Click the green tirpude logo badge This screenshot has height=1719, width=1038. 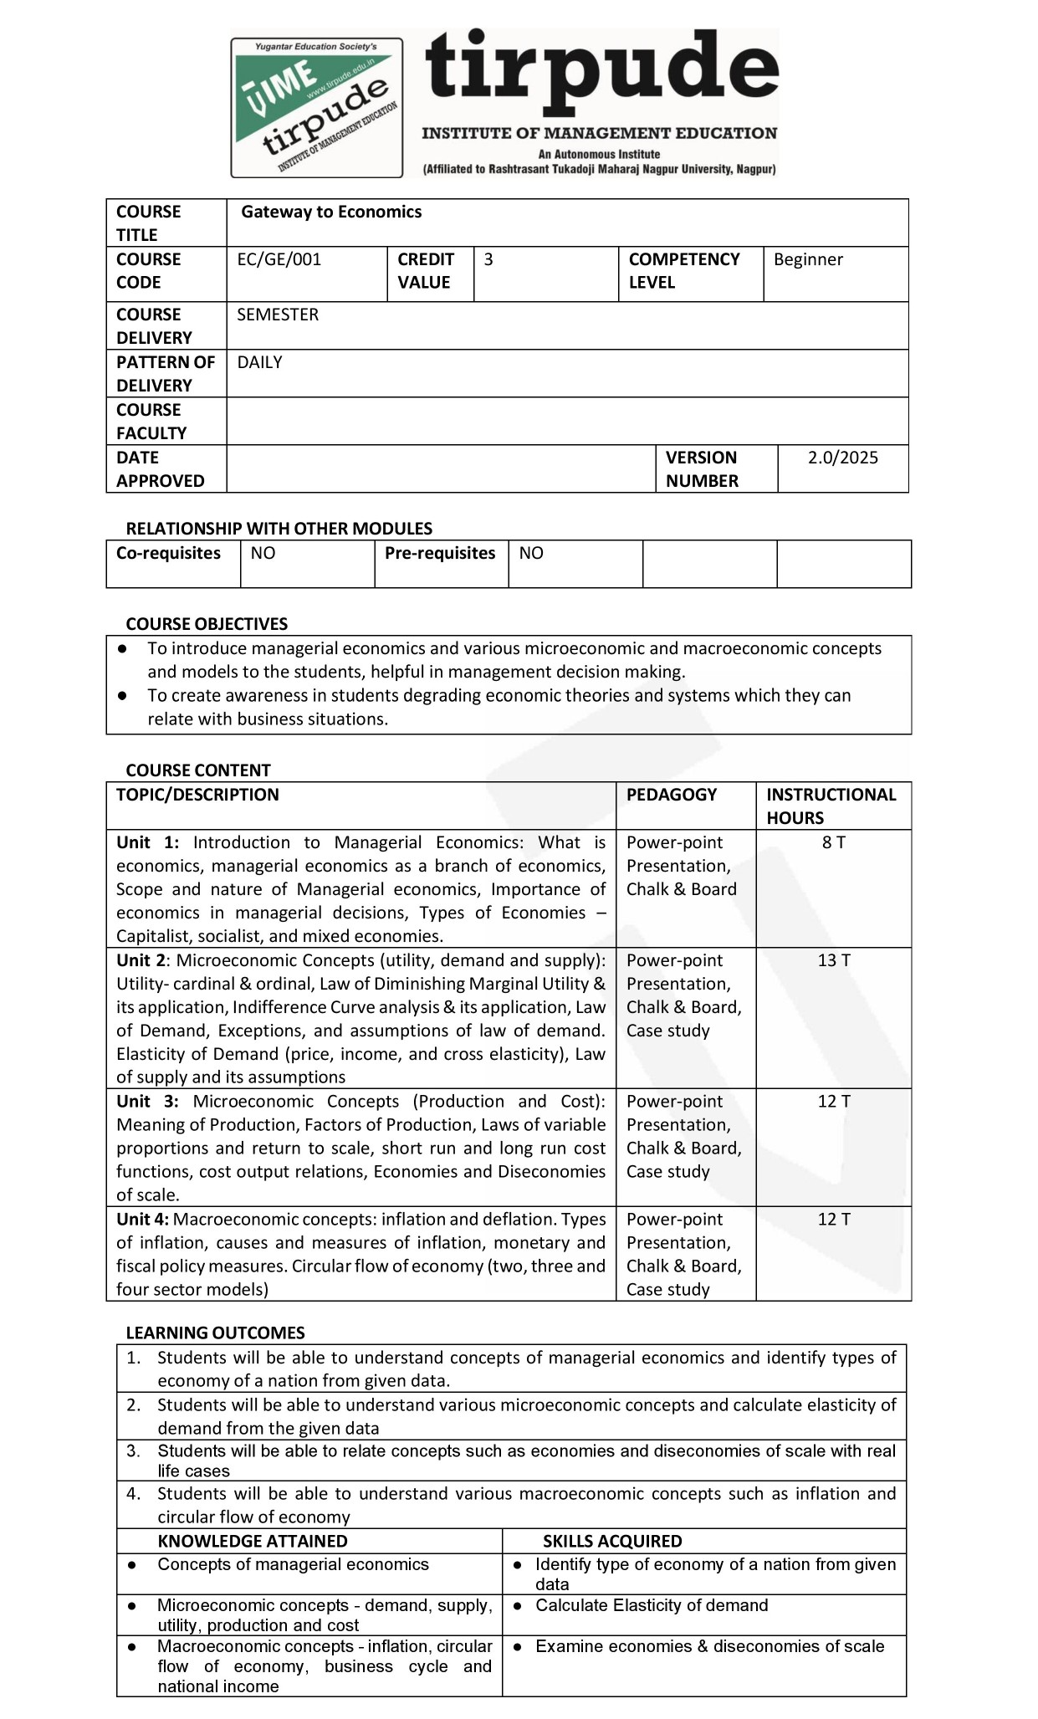pos(316,107)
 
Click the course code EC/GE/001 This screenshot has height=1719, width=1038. pos(279,259)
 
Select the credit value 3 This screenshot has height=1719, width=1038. pos(488,259)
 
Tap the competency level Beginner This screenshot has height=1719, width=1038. pos(808,259)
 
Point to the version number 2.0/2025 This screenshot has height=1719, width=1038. pos(842,458)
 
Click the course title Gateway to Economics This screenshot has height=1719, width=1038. pos(331,212)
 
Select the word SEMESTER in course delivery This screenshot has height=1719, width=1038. pos(278,315)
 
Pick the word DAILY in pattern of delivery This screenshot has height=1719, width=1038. pos(259,362)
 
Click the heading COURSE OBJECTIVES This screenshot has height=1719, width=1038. pos(207,624)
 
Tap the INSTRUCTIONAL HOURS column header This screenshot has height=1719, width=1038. pos(831,806)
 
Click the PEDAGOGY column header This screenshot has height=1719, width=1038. pos(672,795)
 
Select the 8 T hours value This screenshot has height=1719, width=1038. pos(833,842)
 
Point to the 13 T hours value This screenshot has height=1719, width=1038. pos(833,960)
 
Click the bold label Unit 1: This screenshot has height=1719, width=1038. pos(147,842)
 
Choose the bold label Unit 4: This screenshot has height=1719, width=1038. pos(142,1220)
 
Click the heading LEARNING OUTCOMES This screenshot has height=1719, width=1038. pos(215,1333)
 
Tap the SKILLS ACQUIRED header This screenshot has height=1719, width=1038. pos(612,1541)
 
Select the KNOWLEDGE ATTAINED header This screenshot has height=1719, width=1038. pos(252,1541)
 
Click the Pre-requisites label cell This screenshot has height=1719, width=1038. pos(440,554)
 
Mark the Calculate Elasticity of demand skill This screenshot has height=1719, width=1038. pos(652,1605)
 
